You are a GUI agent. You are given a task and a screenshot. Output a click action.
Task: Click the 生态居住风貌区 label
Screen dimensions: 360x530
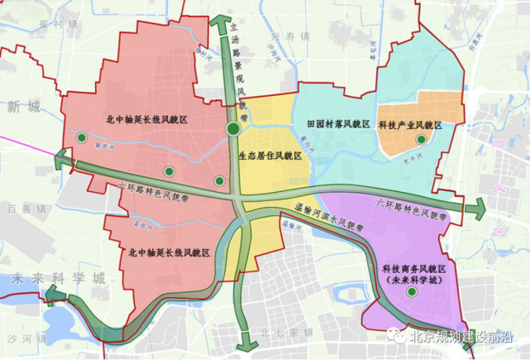point(270,155)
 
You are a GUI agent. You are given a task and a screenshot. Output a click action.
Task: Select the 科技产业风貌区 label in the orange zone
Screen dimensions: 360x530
point(411,125)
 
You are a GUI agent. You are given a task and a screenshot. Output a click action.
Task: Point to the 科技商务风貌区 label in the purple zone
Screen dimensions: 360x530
point(413,271)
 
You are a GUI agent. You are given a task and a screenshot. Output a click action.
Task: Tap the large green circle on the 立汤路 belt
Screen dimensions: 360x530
point(233,128)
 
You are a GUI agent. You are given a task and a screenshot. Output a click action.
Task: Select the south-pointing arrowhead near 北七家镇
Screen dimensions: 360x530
point(246,343)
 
